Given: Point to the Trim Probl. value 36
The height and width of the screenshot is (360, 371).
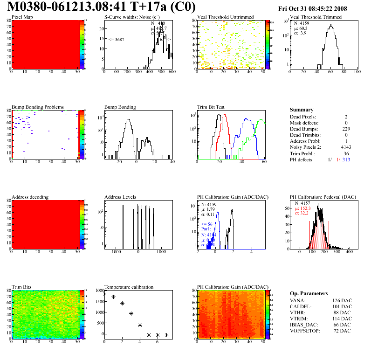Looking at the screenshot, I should (346, 153).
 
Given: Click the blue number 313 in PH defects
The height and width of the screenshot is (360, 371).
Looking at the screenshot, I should (346, 159).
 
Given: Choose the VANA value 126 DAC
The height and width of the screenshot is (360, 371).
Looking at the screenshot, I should (343, 300).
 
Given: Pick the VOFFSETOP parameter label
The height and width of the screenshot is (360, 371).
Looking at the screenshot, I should (306, 331).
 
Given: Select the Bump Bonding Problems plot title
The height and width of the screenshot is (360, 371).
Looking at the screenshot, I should (38, 107).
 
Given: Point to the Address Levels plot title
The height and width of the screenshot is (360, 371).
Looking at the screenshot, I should (120, 197).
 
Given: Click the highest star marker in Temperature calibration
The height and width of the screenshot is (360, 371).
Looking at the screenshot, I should (105, 294).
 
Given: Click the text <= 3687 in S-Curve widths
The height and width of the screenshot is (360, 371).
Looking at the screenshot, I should (116, 40).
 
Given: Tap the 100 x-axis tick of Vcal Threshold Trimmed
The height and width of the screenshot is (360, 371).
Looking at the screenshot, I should (357, 72).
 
